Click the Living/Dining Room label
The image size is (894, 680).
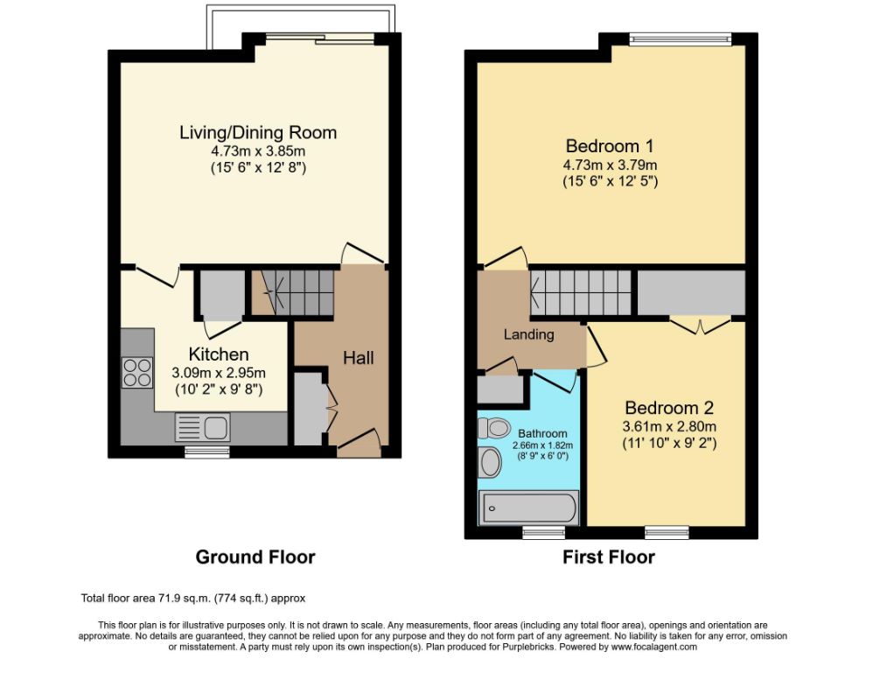point(258,132)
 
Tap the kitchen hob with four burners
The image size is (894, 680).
point(137,373)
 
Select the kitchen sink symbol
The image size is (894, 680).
point(202,427)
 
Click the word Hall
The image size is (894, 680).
point(359,358)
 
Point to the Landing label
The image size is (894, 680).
point(528,334)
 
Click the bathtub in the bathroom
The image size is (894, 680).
point(530,508)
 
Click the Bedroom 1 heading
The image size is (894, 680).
point(610,146)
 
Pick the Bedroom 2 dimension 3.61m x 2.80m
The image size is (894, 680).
point(669,426)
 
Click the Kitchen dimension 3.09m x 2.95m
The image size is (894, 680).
point(219,373)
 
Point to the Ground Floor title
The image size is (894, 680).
point(255,557)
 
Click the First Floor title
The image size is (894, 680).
point(609,557)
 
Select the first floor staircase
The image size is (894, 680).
point(581,292)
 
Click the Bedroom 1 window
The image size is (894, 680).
point(681,39)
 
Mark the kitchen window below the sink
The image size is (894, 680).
point(207,452)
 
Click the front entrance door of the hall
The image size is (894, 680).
point(360,443)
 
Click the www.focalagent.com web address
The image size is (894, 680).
point(654,647)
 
